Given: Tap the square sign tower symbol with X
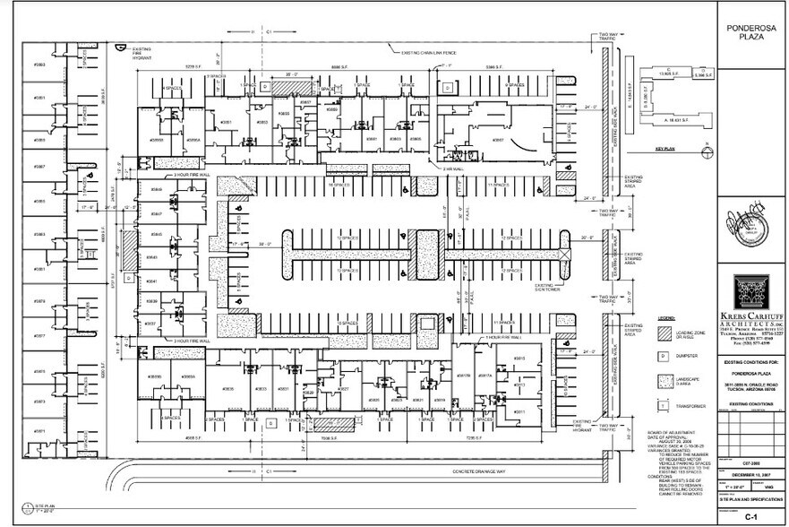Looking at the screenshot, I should pyautogui.click(x=564, y=255).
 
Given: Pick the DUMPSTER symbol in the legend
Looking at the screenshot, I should pyautogui.click(x=665, y=356).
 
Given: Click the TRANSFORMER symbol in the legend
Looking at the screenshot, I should pyautogui.click(x=665, y=403).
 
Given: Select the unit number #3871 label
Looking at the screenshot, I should pyautogui.click(x=39, y=431).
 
